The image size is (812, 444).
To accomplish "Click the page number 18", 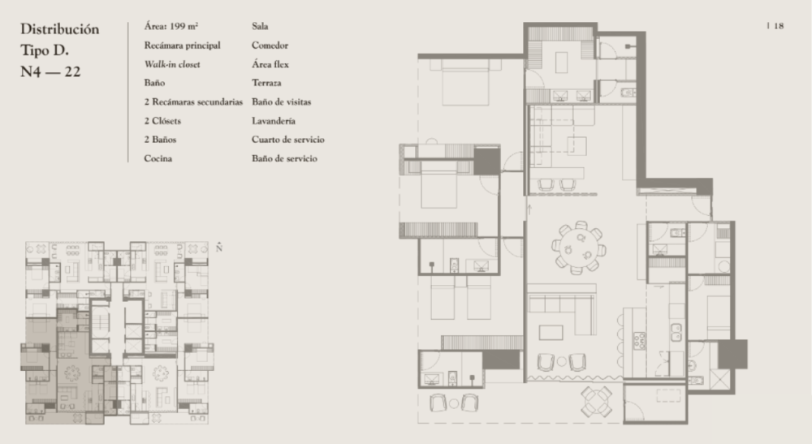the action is (779, 26).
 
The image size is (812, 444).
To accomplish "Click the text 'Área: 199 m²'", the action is (171, 26).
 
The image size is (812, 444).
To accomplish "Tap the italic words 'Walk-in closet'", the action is (172, 64).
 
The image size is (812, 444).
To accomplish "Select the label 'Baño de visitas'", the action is (281, 102).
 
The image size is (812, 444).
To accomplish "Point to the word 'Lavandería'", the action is (274, 121).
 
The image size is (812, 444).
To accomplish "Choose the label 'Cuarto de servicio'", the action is (288, 139).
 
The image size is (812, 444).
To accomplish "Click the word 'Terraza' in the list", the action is (266, 83).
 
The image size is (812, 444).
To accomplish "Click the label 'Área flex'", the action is (270, 64).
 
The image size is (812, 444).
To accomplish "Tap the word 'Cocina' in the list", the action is (158, 158).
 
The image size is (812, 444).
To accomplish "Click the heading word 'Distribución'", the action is (59, 29).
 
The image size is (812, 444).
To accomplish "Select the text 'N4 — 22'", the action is (50, 71).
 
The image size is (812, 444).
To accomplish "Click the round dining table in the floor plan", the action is (579, 247).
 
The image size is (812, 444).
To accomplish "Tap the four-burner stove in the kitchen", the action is (640, 340).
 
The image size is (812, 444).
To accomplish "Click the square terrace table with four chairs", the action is (597, 401).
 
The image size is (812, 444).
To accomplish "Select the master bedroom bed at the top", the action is (465, 82).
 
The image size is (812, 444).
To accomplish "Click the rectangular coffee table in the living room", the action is (551, 332).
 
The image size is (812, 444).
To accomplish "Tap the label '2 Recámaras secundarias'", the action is (193, 102).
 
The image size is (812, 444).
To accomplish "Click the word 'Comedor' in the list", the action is (270, 45).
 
